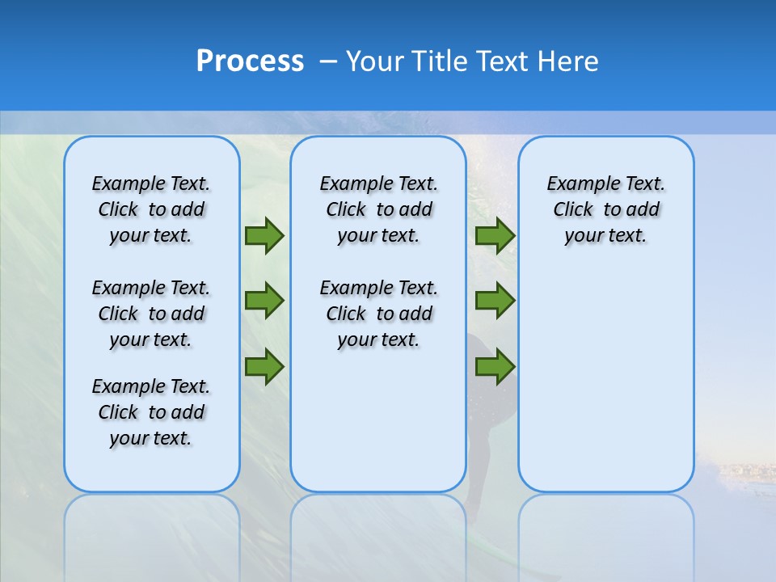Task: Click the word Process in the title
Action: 250,61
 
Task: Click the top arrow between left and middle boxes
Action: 264,235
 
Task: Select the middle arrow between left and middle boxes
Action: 264,301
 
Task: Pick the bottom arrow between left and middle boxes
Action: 264,366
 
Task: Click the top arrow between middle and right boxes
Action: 495,235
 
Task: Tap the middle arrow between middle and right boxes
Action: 495,301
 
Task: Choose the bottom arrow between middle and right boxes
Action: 495,366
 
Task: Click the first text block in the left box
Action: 151,209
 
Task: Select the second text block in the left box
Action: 151,314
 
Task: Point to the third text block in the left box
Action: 151,412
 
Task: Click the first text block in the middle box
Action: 378,209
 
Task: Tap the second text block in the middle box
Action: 378,314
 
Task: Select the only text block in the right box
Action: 605,209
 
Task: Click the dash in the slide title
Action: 328,61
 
